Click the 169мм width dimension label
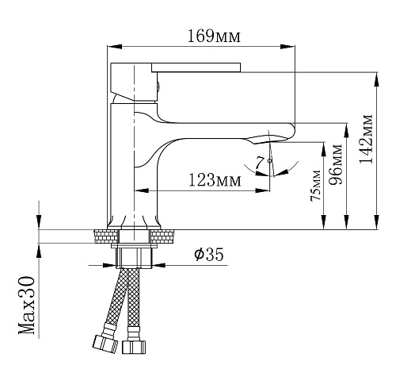[214, 36]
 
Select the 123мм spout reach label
[215, 180]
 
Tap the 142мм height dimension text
[366, 139]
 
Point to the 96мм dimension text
[336, 164]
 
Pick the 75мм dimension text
[316, 186]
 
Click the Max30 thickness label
[27, 305]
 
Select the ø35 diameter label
[209, 254]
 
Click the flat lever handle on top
[196, 67]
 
